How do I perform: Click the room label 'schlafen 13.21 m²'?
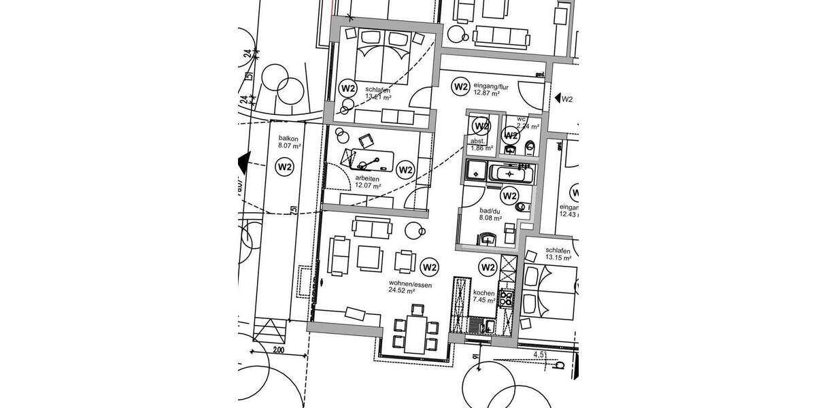point(378,92)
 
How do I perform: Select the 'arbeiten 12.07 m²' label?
point(368,181)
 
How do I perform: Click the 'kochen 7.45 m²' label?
point(484,296)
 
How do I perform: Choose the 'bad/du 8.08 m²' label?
point(490,215)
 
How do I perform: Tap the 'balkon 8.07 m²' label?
point(288,141)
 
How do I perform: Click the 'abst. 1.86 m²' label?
point(481,144)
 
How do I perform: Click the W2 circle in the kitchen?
point(488,267)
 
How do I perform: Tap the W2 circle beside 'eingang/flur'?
point(460,86)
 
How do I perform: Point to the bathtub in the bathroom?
point(511,173)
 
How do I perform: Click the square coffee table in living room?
point(371,256)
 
